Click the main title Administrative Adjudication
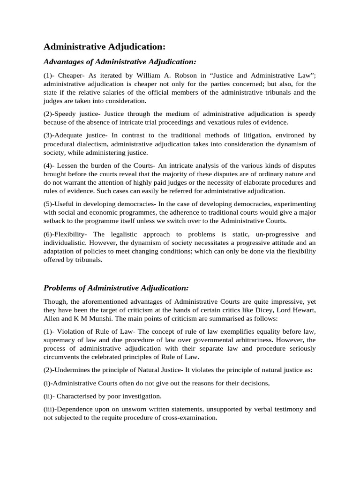[x=105, y=47]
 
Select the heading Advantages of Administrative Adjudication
[x=120, y=61]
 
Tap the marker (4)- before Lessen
[x=49, y=165]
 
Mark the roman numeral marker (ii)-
[x=49, y=396]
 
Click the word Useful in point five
[x=65, y=204]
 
